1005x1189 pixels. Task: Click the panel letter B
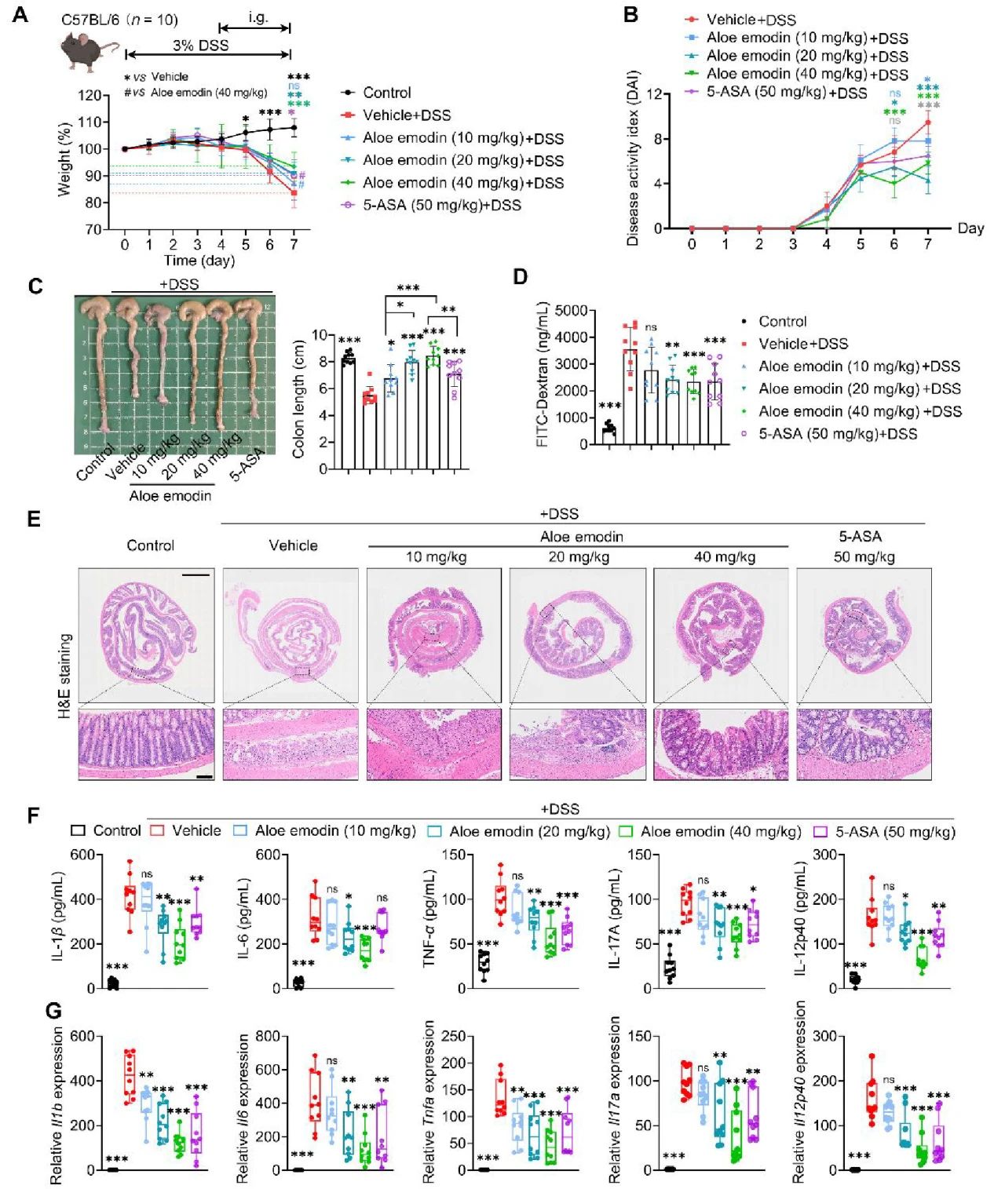(x=631, y=15)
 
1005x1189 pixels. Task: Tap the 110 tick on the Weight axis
(x=91, y=122)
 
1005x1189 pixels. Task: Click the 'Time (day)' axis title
(x=199, y=261)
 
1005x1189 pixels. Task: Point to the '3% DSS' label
(x=201, y=46)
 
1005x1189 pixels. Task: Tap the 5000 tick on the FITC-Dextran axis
(x=572, y=311)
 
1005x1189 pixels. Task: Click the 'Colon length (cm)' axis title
(x=298, y=403)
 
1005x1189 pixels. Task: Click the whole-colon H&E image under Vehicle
(x=291, y=636)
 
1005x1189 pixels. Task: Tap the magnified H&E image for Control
(x=146, y=744)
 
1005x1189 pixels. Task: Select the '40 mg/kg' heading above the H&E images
(x=723, y=557)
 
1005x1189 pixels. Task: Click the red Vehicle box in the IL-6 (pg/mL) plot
(x=315, y=914)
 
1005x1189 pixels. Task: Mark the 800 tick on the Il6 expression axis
(x=268, y=1037)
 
